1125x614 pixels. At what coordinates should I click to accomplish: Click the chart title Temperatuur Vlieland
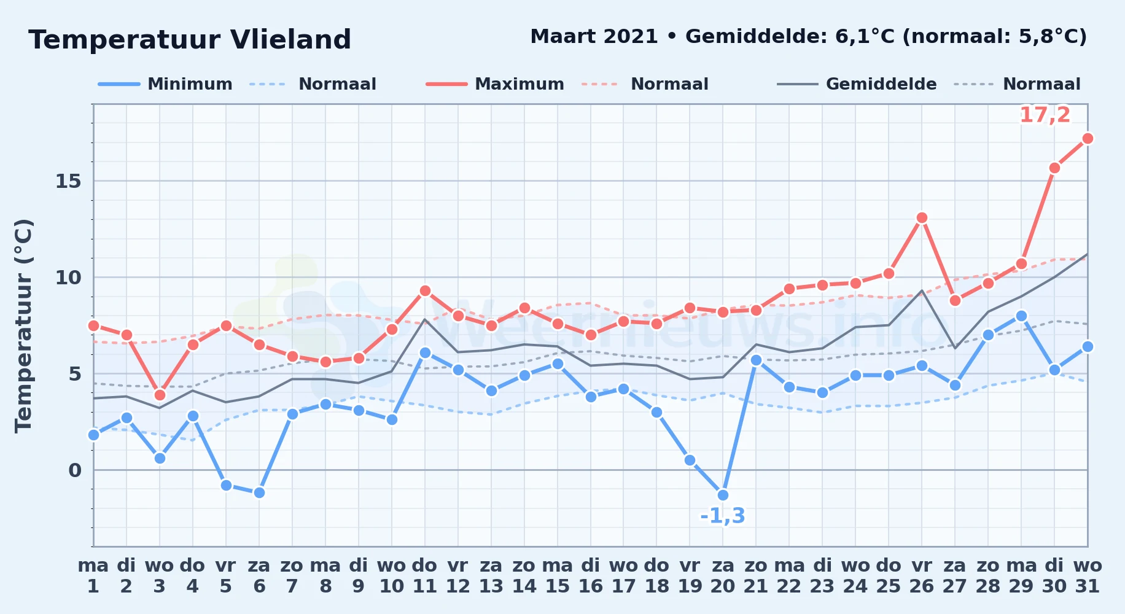(x=190, y=40)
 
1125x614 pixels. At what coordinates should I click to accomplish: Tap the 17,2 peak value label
(x=1045, y=115)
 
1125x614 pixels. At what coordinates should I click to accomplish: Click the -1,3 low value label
(x=723, y=516)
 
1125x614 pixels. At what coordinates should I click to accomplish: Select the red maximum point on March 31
(x=1088, y=138)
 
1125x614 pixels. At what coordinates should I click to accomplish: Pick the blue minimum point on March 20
(x=723, y=495)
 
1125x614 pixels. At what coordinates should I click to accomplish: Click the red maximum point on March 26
(x=922, y=217)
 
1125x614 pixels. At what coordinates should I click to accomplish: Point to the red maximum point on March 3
(x=160, y=395)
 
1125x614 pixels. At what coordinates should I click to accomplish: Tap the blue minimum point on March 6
(x=259, y=492)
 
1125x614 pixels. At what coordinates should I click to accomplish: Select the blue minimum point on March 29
(x=1021, y=316)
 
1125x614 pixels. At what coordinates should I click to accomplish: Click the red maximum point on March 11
(x=425, y=290)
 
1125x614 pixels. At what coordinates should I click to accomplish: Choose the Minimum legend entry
(x=165, y=84)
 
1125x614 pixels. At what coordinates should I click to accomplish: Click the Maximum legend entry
(x=495, y=84)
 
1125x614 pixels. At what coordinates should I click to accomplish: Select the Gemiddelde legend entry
(x=857, y=84)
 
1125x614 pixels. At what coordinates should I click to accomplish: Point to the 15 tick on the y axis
(x=68, y=181)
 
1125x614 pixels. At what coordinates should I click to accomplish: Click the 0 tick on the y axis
(x=75, y=470)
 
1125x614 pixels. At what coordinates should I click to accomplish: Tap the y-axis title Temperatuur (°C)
(x=23, y=325)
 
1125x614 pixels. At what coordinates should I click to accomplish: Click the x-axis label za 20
(x=723, y=576)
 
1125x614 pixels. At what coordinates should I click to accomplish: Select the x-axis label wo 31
(x=1088, y=576)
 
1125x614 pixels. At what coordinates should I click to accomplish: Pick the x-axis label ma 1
(x=93, y=576)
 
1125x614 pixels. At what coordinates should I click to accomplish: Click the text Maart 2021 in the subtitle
(x=594, y=36)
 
